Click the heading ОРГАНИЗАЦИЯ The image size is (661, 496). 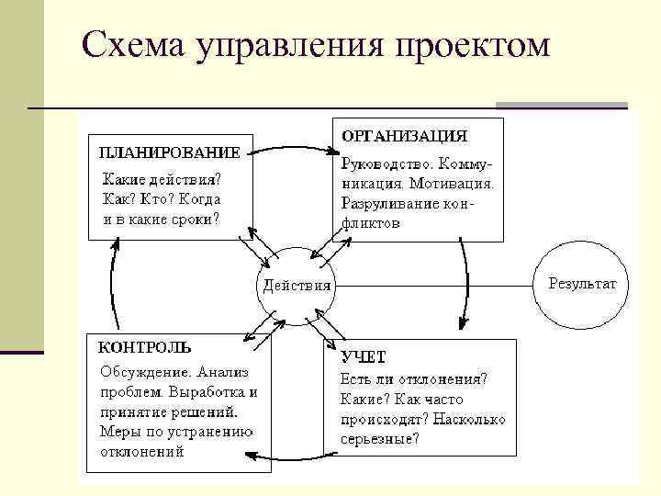click(404, 136)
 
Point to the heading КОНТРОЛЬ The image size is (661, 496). click(145, 347)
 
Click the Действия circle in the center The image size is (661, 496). click(297, 284)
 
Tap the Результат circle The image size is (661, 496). click(582, 284)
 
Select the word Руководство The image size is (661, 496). click(385, 164)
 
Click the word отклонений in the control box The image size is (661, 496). click(141, 452)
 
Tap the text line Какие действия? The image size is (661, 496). click(161, 178)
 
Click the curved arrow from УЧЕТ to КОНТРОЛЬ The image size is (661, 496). click(294, 456)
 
